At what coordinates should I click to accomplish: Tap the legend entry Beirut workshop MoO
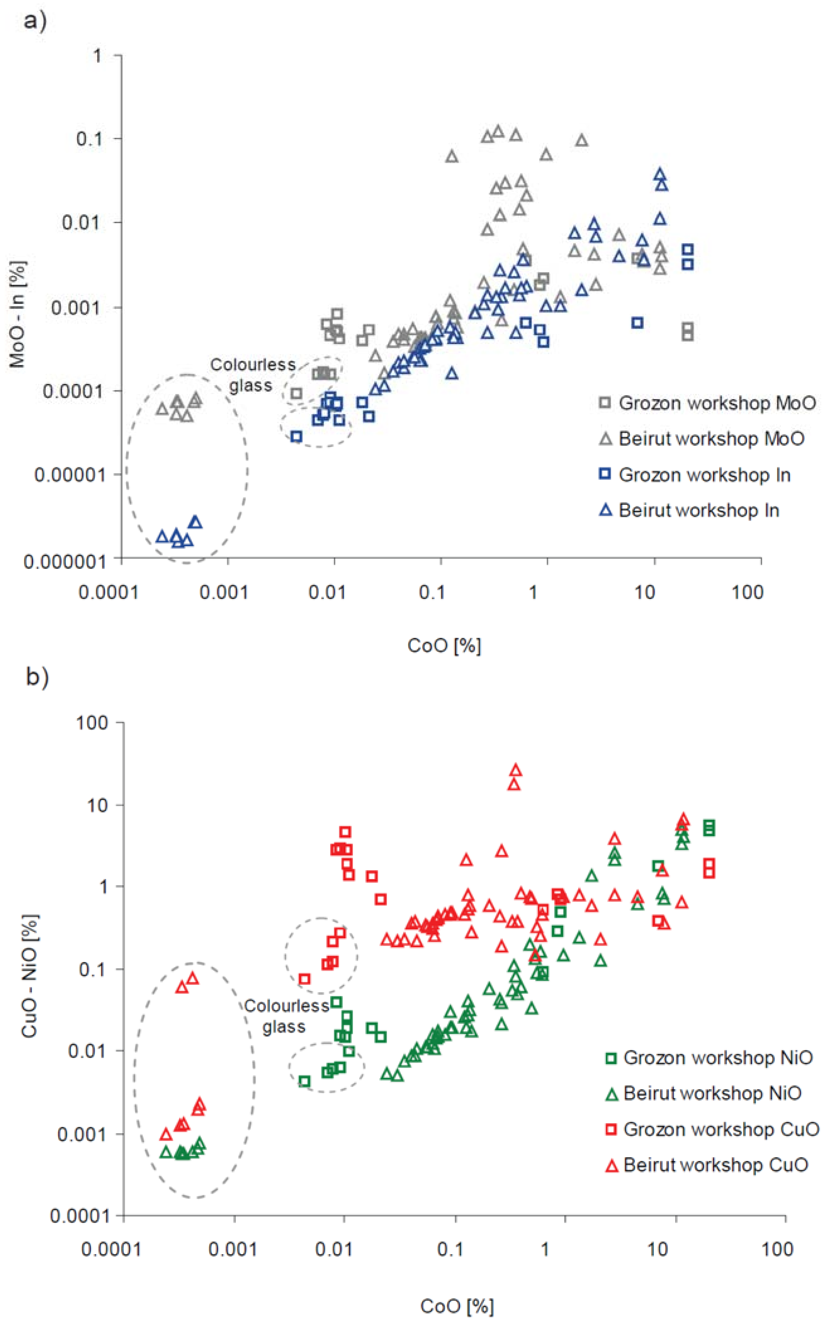coord(702,438)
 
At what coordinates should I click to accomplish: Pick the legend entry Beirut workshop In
coord(689,510)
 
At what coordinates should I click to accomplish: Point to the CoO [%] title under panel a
coord(444,645)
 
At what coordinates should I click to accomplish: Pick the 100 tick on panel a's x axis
coord(748,592)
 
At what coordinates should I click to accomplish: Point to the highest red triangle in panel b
coord(516,770)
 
